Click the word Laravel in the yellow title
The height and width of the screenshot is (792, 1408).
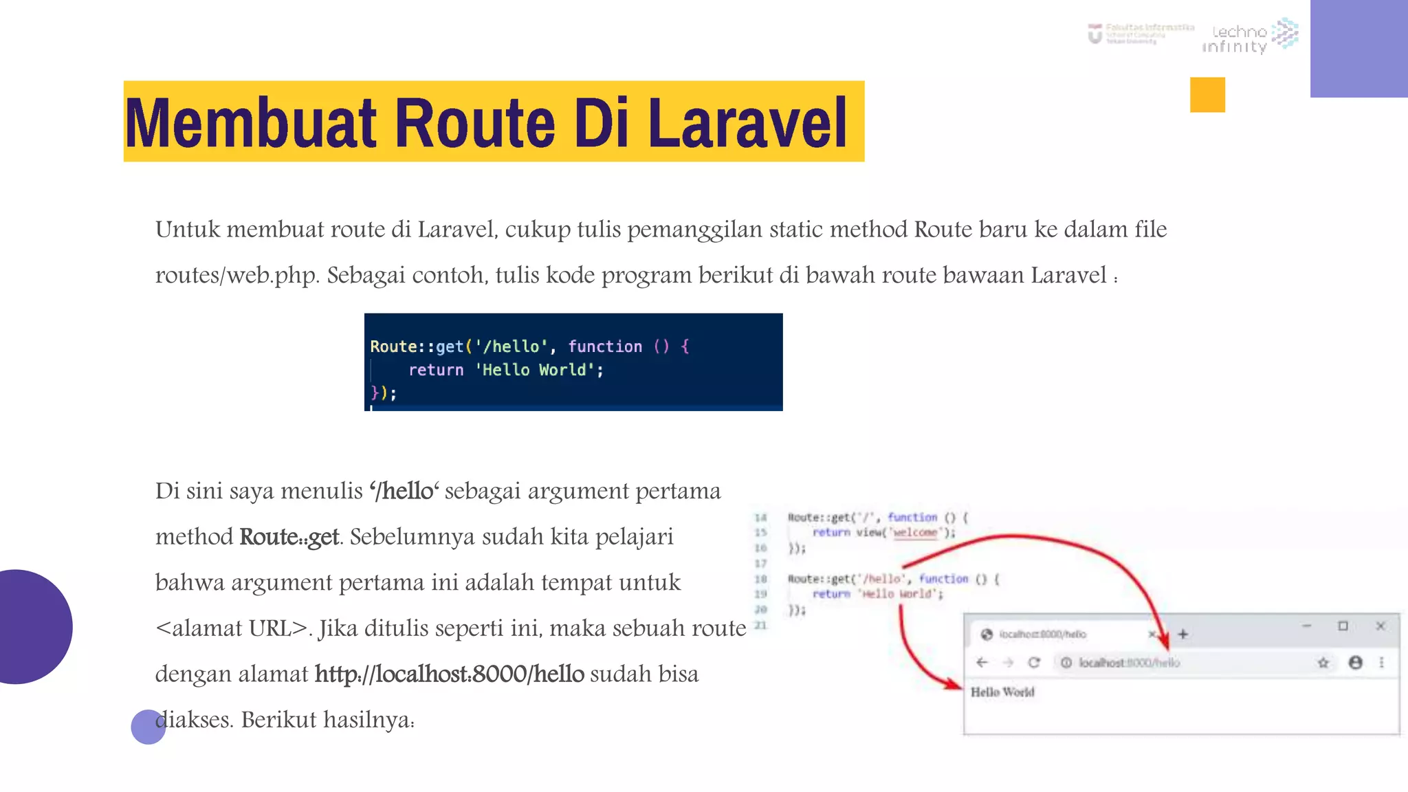pos(747,123)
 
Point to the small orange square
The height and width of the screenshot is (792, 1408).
pos(1207,95)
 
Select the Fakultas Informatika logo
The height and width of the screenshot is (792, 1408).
pos(1141,33)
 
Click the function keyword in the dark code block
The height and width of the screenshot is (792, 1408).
pos(605,346)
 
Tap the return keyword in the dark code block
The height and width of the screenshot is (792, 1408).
pos(436,370)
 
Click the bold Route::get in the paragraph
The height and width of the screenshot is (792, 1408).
pos(289,537)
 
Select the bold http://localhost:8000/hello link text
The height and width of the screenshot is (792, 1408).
pos(449,674)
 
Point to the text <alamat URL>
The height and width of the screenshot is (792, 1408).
pos(232,628)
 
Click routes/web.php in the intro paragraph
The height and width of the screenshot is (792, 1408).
pos(236,275)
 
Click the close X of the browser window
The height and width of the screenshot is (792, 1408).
pos(1380,626)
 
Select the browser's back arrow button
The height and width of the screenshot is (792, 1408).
pos(982,663)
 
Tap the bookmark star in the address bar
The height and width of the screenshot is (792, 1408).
pos(1323,663)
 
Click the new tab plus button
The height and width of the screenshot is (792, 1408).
pos(1183,634)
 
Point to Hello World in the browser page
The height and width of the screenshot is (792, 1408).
pos(1002,692)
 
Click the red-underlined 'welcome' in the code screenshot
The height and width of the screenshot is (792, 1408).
pos(915,533)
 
